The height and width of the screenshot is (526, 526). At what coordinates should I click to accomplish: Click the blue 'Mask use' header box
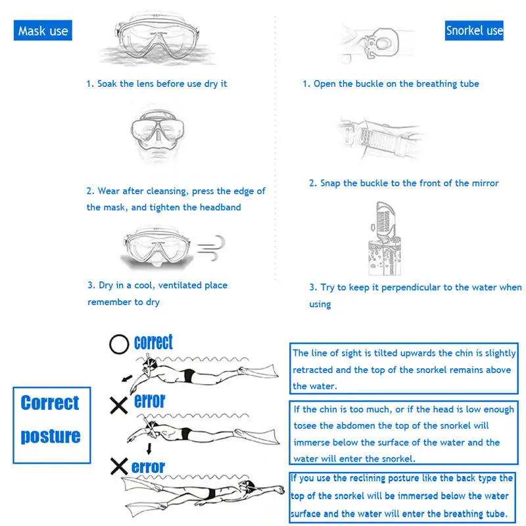pyautogui.click(x=43, y=30)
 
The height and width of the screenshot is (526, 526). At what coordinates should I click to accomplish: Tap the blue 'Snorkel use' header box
pyautogui.click(x=474, y=30)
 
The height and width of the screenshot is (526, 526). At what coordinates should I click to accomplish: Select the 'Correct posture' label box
pyautogui.click(x=51, y=419)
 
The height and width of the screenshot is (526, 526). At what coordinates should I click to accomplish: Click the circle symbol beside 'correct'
pyautogui.click(x=119, y=344)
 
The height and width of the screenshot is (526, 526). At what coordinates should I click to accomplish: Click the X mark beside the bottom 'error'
pyautogui.click(x=119, y=467)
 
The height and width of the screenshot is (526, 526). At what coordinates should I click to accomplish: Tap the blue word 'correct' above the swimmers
pyautogui.click(x=153, y=342)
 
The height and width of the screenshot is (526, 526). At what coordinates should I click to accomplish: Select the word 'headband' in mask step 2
pyautogui.click(x=220, y=208)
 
